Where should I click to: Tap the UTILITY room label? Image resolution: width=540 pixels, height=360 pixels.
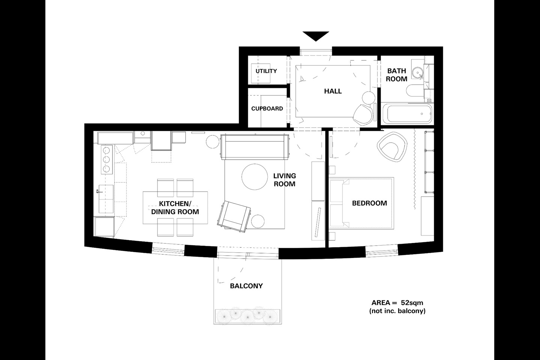[266, 71]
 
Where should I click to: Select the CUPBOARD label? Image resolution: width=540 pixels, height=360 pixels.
[267, 109]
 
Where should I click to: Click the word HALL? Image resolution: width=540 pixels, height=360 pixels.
[333, 91]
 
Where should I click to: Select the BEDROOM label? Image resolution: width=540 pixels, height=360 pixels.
[369, 203]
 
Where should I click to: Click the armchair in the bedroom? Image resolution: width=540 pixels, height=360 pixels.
[392, 147]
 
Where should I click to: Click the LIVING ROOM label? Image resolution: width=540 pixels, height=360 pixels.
[284, 180]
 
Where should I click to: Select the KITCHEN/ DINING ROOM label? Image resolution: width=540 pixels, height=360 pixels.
[175, 208]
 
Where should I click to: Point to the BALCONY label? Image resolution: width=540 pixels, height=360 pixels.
[246, 286]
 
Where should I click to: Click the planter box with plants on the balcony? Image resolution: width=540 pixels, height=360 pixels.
[247, 316]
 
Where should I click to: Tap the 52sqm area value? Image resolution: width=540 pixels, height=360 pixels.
[412, 303]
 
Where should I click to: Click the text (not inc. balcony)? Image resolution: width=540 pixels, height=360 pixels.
[397, 311]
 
